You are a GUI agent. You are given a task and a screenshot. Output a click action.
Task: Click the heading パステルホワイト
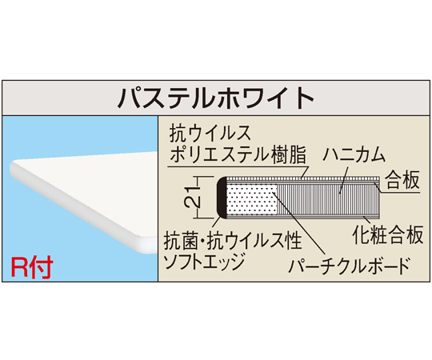point(216,98)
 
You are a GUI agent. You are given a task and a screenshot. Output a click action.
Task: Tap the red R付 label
point(32,267)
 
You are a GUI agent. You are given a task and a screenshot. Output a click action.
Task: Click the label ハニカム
point(354,154)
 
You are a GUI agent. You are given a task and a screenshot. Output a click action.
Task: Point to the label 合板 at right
point(402,179)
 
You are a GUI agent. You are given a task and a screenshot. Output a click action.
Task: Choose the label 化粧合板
point(388,234)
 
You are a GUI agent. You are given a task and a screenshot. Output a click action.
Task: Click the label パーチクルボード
point(350,266)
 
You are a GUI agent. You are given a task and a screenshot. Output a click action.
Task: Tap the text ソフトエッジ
point(204,261)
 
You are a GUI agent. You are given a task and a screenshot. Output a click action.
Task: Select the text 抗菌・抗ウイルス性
point(233,241)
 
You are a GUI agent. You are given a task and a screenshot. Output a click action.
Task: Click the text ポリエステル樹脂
point(238,154)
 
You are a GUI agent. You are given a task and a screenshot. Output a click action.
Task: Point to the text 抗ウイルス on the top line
point(210,134)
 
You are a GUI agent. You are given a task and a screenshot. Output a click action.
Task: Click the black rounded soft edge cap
point(222,198)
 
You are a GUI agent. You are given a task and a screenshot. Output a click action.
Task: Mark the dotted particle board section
point(251,198)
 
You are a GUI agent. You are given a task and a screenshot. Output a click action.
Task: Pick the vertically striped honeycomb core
point(328,198)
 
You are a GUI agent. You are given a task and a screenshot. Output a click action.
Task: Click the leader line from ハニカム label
point(343,180)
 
